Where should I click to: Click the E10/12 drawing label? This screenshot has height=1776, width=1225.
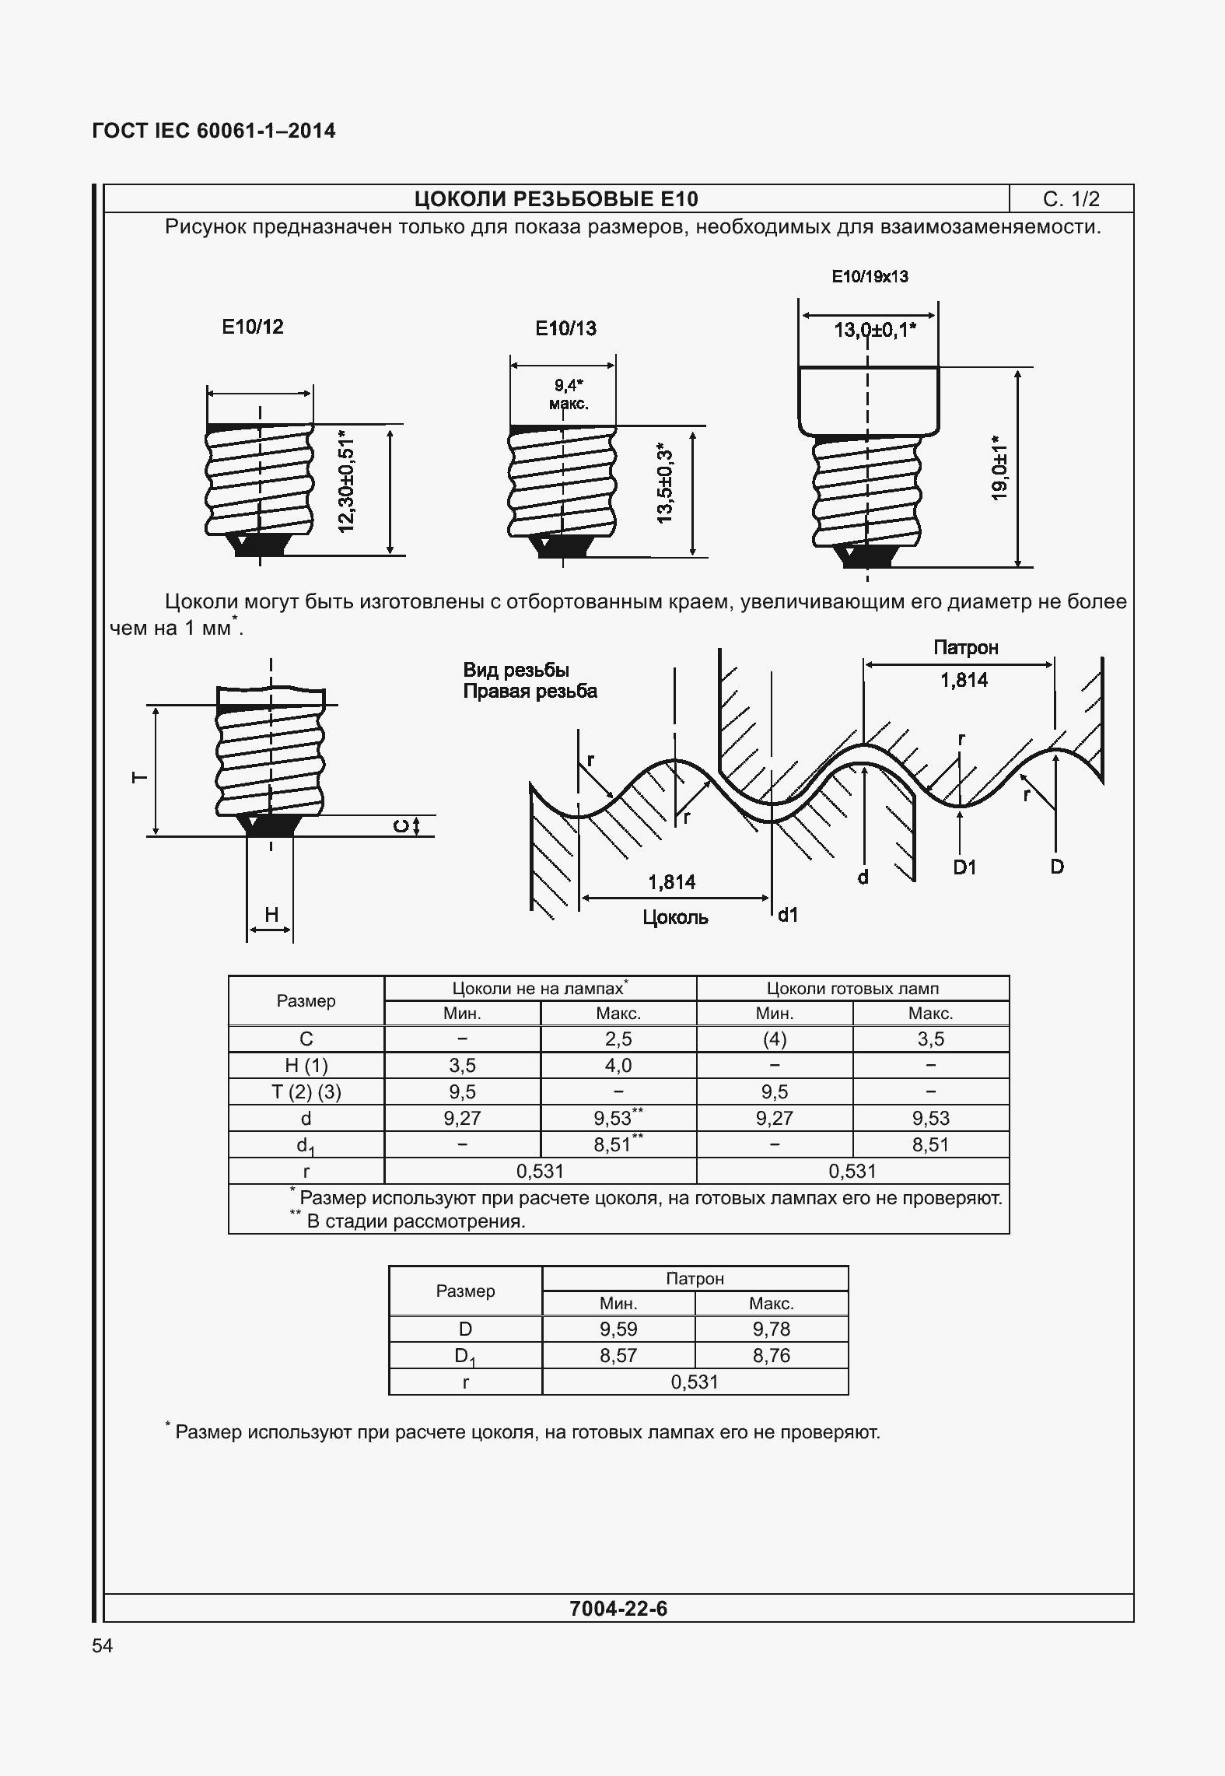[x=253, y=327]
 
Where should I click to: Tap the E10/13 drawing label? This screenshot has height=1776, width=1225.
[x=565, y=328]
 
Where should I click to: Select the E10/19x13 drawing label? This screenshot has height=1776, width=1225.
[x=870, y=276]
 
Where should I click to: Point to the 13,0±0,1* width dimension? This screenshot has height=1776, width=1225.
[x=874, y=331]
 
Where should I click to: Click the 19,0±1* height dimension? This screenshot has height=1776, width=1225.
[x=999, y=468]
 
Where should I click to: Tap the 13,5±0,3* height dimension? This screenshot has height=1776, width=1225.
[x=664, y=484]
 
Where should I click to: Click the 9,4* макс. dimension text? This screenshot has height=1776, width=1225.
[x=569, y=394]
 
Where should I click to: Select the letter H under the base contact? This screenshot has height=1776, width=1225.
[x=271, y=915]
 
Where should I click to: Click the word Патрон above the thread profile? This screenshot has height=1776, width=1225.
[x=965, y=647]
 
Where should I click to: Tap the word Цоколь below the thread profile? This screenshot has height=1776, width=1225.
[x=675, y=917]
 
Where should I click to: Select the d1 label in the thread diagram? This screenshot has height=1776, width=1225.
[x=788, y=915]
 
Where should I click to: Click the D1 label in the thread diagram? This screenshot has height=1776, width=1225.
[x=964, y=867]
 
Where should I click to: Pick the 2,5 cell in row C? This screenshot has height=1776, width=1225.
[x=618, y=1039]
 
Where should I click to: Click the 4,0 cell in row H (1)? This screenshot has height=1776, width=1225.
[x=618, y=1066]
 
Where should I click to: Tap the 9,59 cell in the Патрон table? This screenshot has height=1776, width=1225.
[x=618, y=1329]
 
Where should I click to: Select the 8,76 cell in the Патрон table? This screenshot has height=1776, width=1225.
[x=771, y=1355]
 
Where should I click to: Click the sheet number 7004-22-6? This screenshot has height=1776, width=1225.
[x=618, y=1608]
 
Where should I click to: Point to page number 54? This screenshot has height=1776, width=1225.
[x=103, y=1645]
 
